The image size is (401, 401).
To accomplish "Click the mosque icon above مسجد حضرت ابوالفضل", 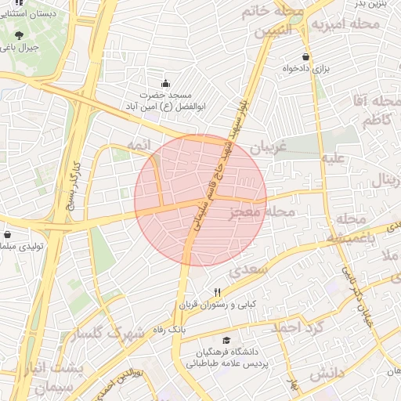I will [165, 83].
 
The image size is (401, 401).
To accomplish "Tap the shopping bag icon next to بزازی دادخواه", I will [305, 57].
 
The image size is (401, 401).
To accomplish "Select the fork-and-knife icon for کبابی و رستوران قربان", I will [207, 292].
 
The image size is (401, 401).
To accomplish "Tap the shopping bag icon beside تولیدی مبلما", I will [8, 234].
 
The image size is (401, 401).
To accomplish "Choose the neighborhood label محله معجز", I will [265, 212].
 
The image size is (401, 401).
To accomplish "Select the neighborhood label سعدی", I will [250, 272].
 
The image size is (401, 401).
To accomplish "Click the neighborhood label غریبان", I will [269, 147].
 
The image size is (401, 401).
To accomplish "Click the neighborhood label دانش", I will [327, 374].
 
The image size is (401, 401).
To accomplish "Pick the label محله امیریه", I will [345, 25].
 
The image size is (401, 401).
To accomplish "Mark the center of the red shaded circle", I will [200, 200].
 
